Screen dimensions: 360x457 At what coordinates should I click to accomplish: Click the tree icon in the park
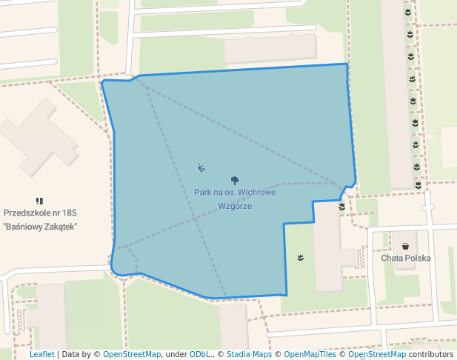coord(236,180)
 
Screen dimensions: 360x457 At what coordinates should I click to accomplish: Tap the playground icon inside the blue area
coord(201,167)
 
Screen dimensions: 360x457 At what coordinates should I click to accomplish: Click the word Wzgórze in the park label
coord(236,206)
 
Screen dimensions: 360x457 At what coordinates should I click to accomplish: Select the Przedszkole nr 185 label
coord(40,213)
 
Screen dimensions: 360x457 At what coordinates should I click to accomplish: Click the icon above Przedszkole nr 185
coord(39,201)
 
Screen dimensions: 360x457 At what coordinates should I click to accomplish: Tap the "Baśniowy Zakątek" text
coord(40,226)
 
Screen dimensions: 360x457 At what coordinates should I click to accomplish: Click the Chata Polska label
coord(406,259)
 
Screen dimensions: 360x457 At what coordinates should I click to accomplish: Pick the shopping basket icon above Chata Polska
coord(406,246)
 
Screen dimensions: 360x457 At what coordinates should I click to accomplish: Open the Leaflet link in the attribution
coord(41,355)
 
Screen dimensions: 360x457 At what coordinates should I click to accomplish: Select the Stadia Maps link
coord(249,355)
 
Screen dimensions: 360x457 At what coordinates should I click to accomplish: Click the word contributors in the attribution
coord(432,355)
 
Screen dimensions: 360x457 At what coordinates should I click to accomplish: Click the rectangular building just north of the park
coord(270,49)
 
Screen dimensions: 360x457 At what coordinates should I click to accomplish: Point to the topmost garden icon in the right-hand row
coord(408,12)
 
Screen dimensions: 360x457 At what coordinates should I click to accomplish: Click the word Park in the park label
coord(204,193)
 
